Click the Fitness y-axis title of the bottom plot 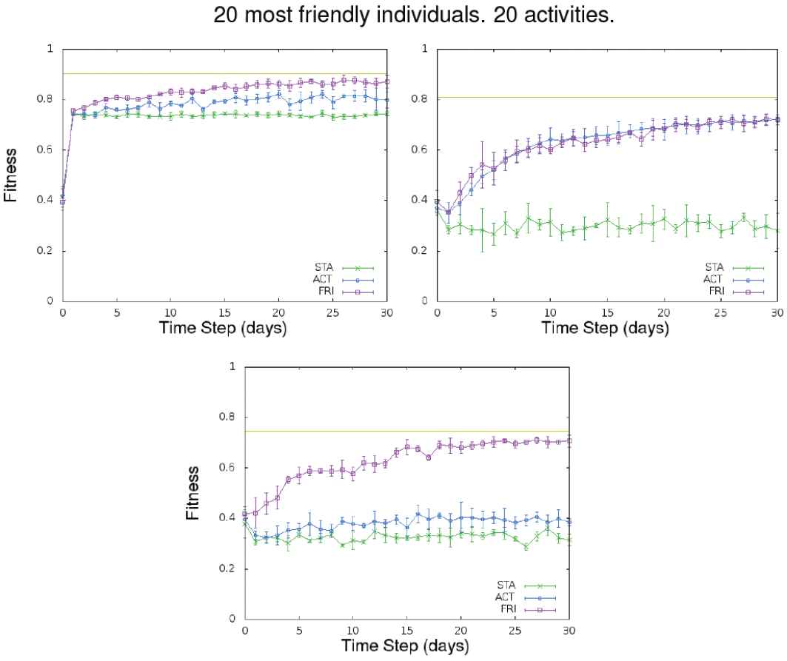(x=193, y=492)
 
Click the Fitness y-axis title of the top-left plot (x=11, y=175)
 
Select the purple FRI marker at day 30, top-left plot (x=386, y=81)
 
